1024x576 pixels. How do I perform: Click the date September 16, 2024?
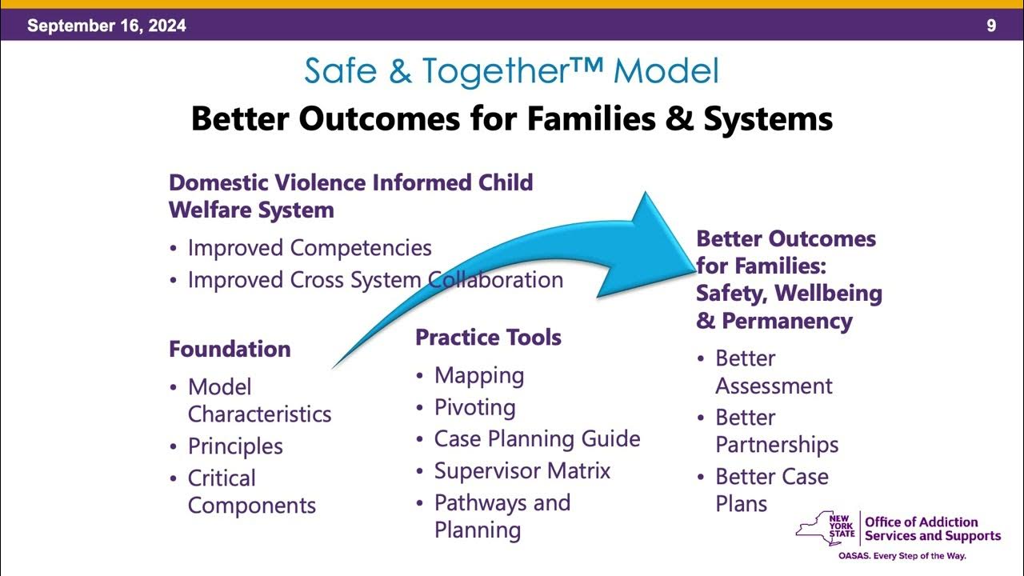106,26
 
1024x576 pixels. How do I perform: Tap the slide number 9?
991,26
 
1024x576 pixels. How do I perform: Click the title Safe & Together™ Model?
511,71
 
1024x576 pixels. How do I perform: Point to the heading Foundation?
230,349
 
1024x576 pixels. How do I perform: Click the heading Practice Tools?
488,338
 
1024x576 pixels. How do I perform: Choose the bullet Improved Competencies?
310,248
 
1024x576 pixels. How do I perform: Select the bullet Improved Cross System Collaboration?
375,280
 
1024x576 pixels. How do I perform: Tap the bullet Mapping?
479,375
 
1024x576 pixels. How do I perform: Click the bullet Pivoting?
474,407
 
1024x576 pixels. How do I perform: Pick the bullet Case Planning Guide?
537,439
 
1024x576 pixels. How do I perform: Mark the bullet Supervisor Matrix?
522,470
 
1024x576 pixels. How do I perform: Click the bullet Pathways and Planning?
502,516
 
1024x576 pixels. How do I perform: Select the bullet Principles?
235,446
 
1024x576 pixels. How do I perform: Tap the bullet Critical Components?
251,492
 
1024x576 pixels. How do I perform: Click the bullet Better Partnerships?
776,431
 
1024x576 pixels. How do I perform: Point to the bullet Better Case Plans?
771,490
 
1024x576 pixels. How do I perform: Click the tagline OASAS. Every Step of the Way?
902,555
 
